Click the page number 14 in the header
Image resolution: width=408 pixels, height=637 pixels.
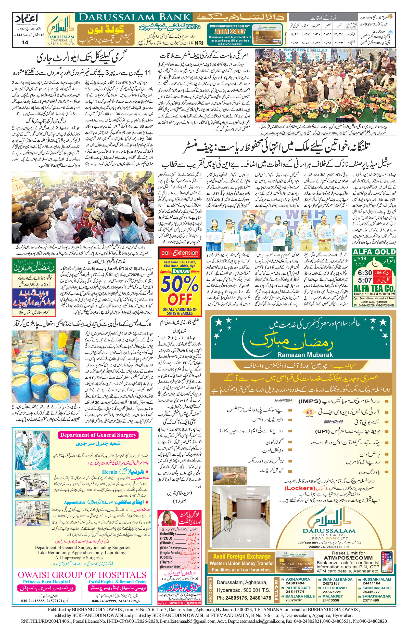tap(25, 42)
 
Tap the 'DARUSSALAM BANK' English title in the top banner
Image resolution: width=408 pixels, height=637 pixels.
tap(135, 18)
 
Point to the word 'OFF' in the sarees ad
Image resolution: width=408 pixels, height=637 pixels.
tap(180, 300)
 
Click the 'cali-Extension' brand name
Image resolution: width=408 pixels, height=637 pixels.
tap(180, 253)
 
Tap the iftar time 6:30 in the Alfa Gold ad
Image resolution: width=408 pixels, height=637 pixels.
tap(365, 273)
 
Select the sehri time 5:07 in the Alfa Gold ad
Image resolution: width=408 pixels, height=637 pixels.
tap(365, 280)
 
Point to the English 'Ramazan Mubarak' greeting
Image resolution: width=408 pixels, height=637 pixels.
tap(305, 355)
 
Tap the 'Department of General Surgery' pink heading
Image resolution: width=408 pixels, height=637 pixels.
tap(98, 435)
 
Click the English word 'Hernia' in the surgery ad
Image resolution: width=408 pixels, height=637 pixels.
tap(109, 472)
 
